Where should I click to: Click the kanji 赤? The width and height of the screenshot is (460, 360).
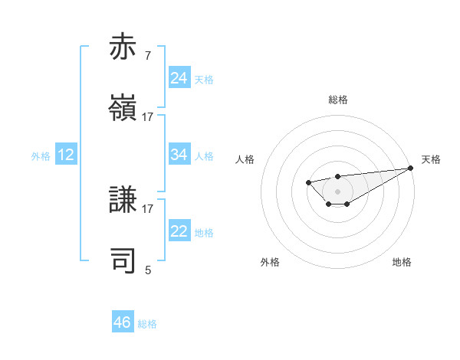coord(123,47)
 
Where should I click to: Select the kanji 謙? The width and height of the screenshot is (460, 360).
coord(123,201)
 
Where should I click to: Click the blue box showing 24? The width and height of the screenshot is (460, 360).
coord(179,78)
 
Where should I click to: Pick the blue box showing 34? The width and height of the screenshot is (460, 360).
coord(179,155)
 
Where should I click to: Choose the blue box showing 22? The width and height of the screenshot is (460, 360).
coord(179,231)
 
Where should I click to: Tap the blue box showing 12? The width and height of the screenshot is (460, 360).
coord(66,155)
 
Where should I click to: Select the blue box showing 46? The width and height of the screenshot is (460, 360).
coord(123,322)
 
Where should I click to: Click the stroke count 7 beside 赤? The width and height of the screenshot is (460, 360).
coord(148,56)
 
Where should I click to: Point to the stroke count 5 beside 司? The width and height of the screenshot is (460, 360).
coord(148,270)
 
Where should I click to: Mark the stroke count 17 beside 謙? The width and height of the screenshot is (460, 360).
coord(148,208)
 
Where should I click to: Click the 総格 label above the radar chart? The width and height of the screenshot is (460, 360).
coord(338,100)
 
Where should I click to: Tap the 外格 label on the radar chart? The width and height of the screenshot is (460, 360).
coord(270,262)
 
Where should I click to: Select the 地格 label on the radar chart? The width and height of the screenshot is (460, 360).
coord(402,262)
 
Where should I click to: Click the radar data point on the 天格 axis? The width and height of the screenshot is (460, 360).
coord(412,168)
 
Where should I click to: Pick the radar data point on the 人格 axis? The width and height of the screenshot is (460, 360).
coord(308,182)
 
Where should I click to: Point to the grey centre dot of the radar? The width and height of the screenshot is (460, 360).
coord(338,191)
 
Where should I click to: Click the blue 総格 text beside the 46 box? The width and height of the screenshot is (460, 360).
coord(147,324)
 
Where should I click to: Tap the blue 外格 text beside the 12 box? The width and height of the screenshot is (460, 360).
coord(41,156)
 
